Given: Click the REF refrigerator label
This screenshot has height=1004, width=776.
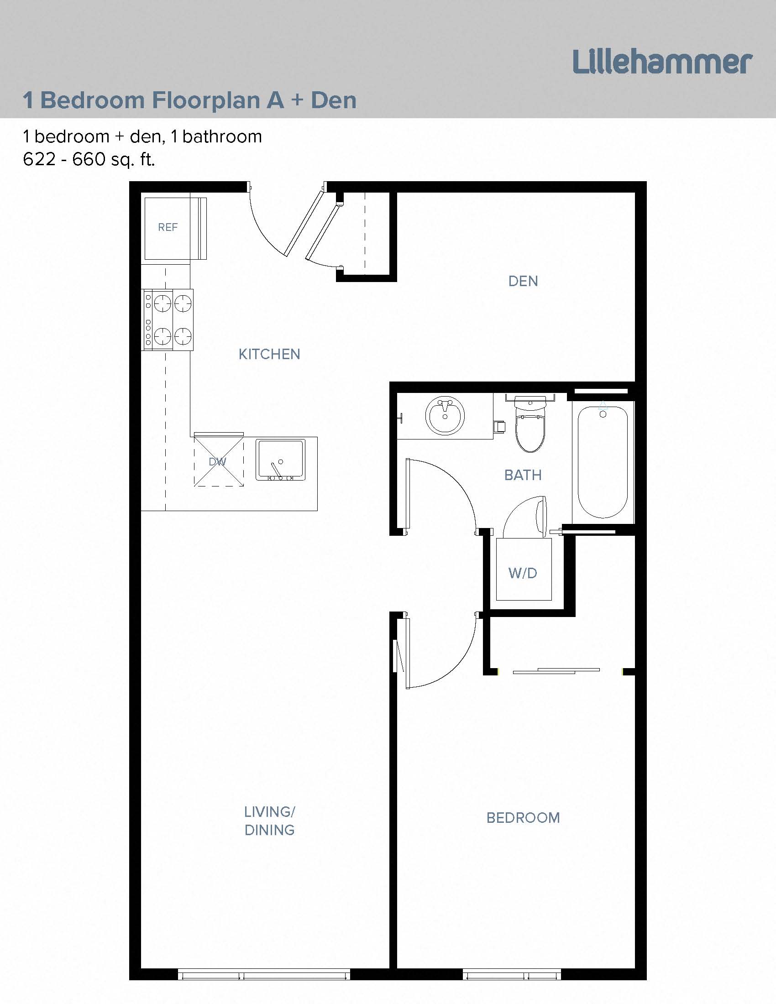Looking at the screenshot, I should [x=168, y=227].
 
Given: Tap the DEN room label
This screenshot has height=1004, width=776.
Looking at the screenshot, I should [x=523, y=281].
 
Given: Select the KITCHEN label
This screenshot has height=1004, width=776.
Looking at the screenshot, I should [x=269, y=354].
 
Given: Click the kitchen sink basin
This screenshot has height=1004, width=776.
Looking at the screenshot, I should [x=280, y=459].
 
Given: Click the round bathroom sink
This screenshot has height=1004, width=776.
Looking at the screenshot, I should [x=445, y=415].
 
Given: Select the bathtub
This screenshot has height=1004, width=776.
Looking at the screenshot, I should [x=603, y=462].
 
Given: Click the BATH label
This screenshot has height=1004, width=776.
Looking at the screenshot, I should [x=523, y=475].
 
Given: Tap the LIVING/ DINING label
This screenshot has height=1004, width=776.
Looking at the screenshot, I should [x=269, y=821].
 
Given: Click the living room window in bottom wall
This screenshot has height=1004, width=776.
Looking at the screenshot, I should [x=263, y=974].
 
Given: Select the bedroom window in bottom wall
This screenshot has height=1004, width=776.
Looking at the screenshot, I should [x=511, y=974].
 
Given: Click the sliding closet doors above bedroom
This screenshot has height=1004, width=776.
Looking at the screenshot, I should [x=556, y=671].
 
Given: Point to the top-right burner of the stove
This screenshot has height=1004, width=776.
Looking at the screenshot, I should [x=183, y=303].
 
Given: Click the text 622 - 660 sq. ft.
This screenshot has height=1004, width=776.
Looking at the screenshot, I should [x=89, y=160].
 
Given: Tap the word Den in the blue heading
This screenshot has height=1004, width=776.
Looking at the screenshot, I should [x=333, y=100].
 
